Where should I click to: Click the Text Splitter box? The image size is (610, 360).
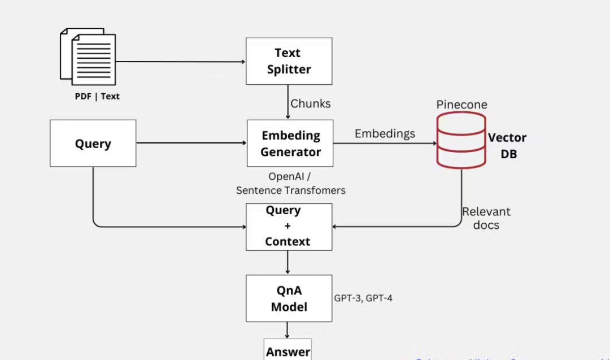click(289, 61)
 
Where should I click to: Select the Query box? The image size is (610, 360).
click(93, 144)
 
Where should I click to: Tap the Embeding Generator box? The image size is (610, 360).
click(290, 144)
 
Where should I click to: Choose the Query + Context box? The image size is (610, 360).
click(289, 227)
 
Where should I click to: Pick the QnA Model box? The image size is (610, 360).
click(289, 298)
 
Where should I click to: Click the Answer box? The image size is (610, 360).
click(288, 350)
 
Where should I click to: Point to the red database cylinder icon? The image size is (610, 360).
click(461, 140)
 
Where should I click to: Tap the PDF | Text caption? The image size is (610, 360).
click(97, 96)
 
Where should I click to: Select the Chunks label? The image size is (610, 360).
click(311, 104)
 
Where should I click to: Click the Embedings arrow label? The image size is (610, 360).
click(385, 134)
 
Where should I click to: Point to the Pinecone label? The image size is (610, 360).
click(461, 105)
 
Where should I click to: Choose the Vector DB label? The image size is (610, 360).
click(507, 146)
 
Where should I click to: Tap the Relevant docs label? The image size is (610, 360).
click(486, 218)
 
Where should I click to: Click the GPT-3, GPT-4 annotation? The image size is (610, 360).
click(363, 298)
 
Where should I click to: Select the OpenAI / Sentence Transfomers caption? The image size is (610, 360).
click(290, 184)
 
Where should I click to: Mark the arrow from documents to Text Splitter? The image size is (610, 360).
click(181, 62)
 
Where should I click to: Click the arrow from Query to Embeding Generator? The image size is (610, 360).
click(191, 143)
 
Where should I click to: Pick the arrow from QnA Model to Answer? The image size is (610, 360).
click(288, 331)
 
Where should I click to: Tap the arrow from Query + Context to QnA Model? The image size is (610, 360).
click(288, 263)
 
